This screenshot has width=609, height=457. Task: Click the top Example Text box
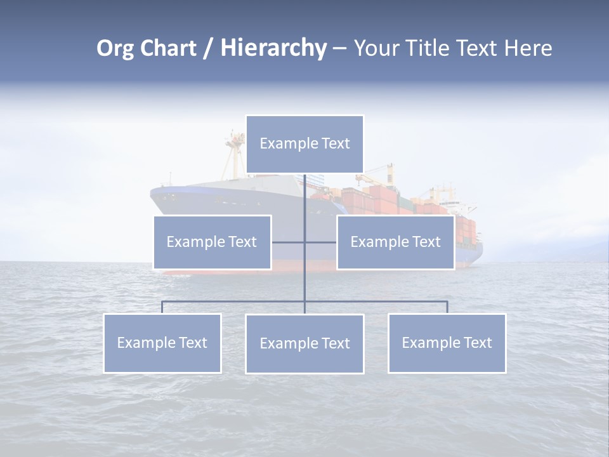click(304, 144)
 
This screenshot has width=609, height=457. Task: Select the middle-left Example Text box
click(212, 242)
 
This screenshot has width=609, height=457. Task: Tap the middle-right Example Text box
click(395, 242)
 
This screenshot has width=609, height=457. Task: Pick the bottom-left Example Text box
click(162, 343)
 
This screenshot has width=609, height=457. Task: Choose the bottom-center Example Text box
click(304, 343)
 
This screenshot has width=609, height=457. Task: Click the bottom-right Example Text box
click(447, 343)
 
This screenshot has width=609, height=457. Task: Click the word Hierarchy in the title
click(273, 48)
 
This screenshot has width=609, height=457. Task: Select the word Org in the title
click(116, 48)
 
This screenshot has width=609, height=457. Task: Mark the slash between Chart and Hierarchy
click(208, 49)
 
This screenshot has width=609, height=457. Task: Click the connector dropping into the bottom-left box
click(162, 307)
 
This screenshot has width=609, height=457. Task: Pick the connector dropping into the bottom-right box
click(447, 307)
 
